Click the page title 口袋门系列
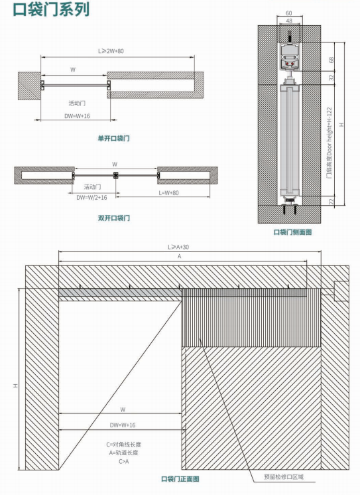(x=51, y=9)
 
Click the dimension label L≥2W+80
(x=111, y=51)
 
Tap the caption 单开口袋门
(x=113, y=138)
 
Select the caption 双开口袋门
(x=113, y=218)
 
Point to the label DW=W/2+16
(x=91, y=198)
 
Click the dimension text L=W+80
(x=168, y=193)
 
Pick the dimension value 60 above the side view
(x=289, y=13)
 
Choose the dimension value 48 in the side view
(x=289, y=21)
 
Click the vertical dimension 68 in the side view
(x=331, y=60)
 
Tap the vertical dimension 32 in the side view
(x=331, y=78)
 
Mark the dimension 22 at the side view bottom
(x=331, y=202)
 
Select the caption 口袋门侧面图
(x=292, y=232)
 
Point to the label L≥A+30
(x=178, y=247)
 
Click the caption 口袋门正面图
(x=180, y=479)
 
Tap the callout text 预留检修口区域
(x=284, y=476)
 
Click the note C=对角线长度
(x=124, y=445)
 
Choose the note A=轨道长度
(x=124, y=453)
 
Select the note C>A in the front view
(x=124, y=462)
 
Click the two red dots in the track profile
(x=289, y=64)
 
